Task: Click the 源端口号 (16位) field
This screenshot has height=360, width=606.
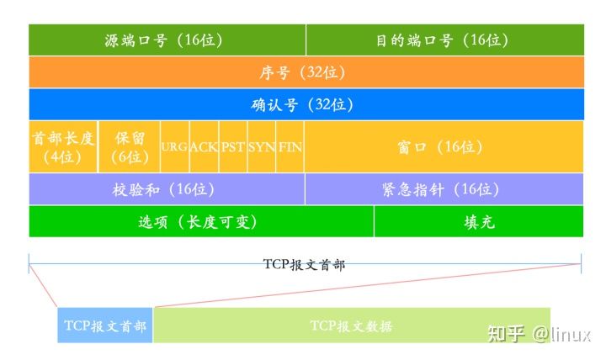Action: point(167,40)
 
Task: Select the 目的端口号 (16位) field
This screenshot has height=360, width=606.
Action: point(445,40)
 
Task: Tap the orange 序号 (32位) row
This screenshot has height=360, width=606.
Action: point(306,72)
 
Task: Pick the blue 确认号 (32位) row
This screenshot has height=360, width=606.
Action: point(306,104)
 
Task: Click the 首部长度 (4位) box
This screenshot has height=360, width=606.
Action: point(63,147)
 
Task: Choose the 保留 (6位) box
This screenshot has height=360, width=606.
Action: point(130,147)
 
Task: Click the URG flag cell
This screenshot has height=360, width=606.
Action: point(175,147)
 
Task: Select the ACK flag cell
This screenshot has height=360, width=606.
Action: point(204,147)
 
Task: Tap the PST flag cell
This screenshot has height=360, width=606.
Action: point(233,147)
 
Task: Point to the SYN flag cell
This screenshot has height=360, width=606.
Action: point(262,147)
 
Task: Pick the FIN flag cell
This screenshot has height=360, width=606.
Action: point(290,147)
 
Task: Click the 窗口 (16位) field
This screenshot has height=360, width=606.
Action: point(444,147)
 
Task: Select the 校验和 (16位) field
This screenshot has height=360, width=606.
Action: point(167,189)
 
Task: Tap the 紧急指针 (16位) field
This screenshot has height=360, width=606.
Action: point(444,189)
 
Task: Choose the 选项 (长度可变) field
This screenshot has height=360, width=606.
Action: point(201,221)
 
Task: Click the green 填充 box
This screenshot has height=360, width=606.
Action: point(479,221)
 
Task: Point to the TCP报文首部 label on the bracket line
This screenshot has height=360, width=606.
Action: point(304,265)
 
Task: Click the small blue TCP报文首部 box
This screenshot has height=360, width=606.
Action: point(105,326)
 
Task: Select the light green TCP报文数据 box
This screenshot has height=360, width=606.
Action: point(352,326)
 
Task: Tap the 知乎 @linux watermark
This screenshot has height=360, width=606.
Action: point(540,334)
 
